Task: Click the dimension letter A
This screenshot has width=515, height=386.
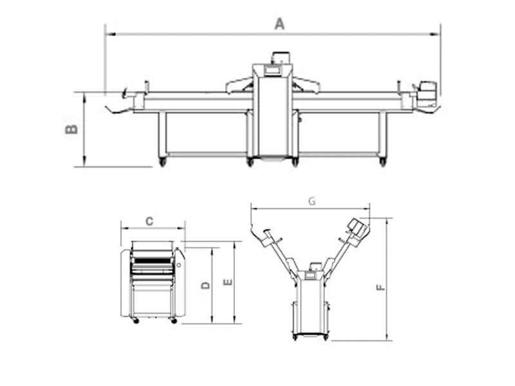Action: (x=279, y=24)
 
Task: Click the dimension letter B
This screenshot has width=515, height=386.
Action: (x=71, y=129)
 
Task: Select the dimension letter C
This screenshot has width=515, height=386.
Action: (x=149, y=221)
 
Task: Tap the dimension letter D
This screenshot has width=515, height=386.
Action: (x=205, y=285)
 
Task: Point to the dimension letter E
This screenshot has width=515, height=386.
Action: (x=228, y=282)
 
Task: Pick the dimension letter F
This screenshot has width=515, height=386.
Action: (x=380, y=288)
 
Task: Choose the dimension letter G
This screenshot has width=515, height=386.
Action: (x=312, y=201)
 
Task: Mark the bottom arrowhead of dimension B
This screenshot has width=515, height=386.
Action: (x=84, y=162)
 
